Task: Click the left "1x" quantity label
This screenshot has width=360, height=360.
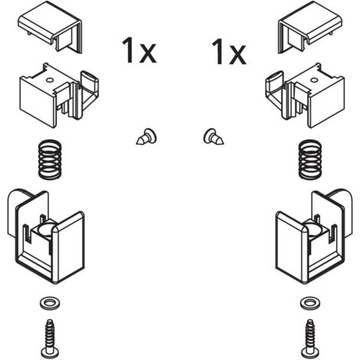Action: pos(139,50)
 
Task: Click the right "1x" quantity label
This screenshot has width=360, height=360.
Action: pos(229,51)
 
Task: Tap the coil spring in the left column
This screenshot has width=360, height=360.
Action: pos(50,159)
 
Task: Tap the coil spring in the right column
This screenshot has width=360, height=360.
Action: pos(310,159)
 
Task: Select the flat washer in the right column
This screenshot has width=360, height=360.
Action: pos(310,303)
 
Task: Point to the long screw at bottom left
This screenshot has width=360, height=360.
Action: pos(50,339)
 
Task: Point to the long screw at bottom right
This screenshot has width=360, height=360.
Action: pos(310,339)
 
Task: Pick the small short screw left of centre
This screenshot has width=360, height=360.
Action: pos(146,137)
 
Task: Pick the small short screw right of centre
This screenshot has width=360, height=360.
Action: pos(214,136)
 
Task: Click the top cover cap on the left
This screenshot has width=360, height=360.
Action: pos(50,27)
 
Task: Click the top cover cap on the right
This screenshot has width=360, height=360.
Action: pos(310,27)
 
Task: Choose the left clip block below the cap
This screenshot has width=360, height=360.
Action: pos(59,96)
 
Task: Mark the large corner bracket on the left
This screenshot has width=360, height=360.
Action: pos(46,236)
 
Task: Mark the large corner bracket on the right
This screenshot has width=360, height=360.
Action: pos(314,236)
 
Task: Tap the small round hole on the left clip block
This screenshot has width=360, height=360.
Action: pos(50,80)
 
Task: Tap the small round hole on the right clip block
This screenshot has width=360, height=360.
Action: pos(314,80)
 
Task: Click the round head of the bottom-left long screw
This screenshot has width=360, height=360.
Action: pos(50,353)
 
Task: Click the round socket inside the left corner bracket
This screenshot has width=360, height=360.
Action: pos(46,228)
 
